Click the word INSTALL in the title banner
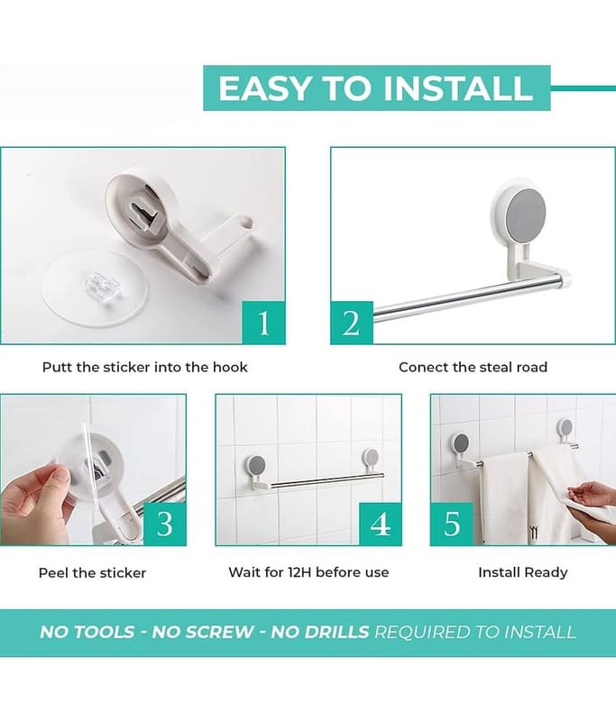(x=458, y=87)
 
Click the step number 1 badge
(x=263, y=323)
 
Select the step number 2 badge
(x=352, y=323)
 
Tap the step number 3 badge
(x=165, y=524)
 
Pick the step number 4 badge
(x=380, y=524)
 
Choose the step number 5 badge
(x=452, y=524)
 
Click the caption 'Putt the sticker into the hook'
(x=145, y=368)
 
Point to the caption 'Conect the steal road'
(x=473, y=368)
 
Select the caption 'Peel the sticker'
(x=93, y=573)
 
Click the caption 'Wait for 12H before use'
(x=308, y=572)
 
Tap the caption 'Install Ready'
(x=523, y=572)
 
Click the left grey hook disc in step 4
(x=258, y=465)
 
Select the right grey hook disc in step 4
(x=371, y=457)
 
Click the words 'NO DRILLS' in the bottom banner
(x=320, y=633)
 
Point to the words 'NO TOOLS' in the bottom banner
(x=87, y=633)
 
